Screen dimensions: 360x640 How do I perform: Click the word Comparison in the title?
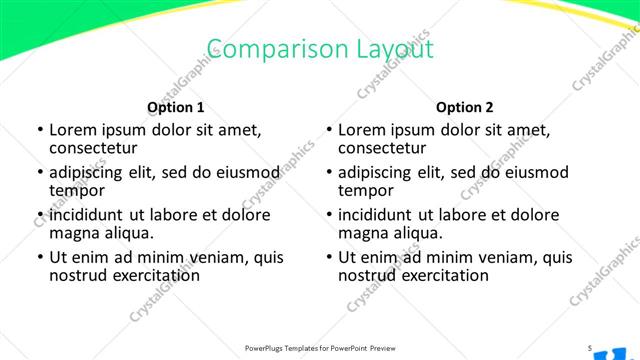tap(261, 50)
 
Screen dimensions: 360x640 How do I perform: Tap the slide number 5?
tap(590, 348)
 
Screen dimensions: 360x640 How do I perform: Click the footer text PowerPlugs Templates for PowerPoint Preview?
tap(321, 348)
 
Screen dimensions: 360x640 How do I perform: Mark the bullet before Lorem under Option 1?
tap(39, 130)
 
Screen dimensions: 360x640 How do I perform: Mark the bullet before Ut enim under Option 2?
tap(328, 257)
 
